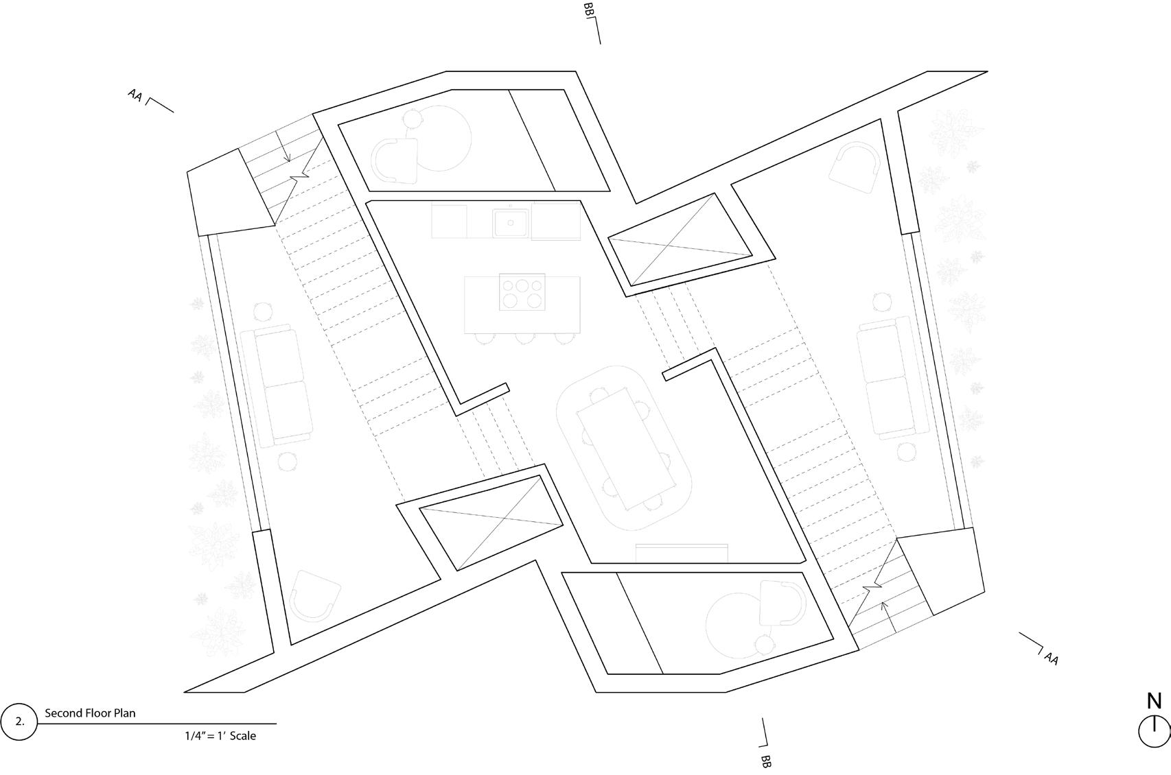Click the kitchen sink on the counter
511,222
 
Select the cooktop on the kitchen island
522,292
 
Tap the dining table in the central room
623,449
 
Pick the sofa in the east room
893,376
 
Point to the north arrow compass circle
1154,732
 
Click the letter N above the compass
1155,702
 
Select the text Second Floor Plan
90,713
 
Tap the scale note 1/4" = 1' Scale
220,736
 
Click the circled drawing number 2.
19,722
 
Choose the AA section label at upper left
135,95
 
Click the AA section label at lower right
1052,658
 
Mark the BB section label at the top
588,11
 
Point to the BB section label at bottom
766,761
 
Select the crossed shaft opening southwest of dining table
491,523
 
